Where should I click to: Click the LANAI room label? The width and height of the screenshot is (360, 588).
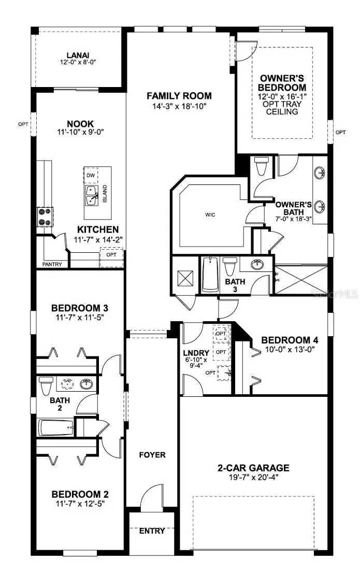point(78,55)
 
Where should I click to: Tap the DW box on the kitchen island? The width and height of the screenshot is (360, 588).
point(91,176)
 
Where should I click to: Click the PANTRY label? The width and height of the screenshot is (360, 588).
point(52,264)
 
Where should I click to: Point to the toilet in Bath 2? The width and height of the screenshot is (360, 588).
point(46,386)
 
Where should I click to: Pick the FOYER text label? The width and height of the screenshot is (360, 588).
point(152,455)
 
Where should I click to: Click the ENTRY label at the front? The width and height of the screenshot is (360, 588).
point(152,530)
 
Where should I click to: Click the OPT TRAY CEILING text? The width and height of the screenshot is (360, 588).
point(282,107)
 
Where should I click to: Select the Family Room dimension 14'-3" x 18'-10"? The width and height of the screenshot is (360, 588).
point(179,106)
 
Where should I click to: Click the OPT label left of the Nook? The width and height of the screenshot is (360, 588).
point(23,124)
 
